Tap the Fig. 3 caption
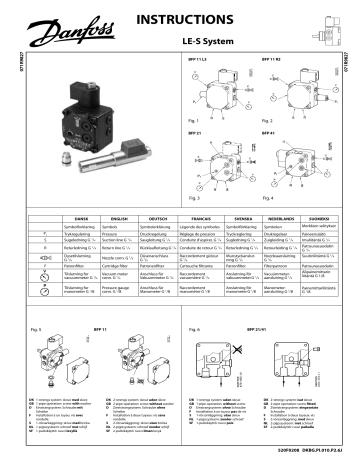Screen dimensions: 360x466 click(x=195, y=199)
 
